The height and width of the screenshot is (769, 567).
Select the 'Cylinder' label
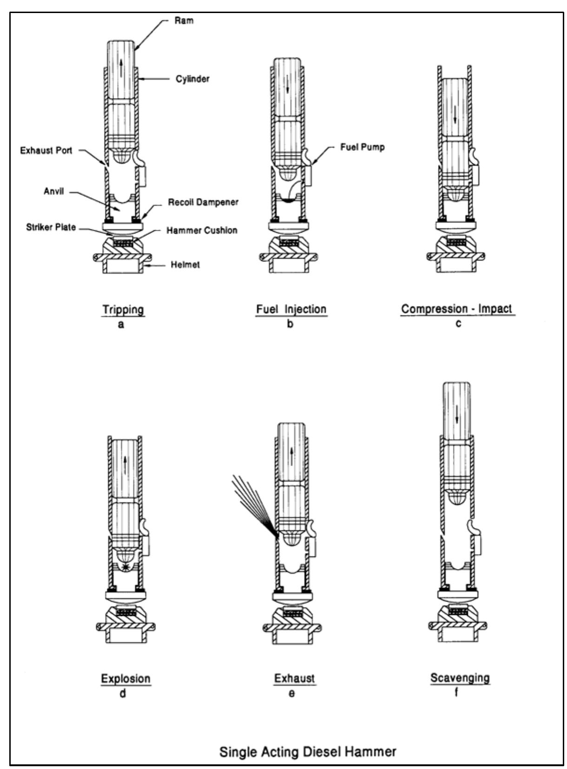click(x=192, y=79)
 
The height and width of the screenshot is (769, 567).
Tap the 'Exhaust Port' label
click(x=46, y=150)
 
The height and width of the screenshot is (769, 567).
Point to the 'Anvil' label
click(x=53, y=192)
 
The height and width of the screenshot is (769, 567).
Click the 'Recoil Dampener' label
click(x=203, y=203)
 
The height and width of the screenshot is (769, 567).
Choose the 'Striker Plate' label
click(x=51, y=228)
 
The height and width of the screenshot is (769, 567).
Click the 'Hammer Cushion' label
click(x=202, y=230)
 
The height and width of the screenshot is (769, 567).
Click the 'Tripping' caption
click(x=123, y=309)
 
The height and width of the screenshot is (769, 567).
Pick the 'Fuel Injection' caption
click(x=291, y=309)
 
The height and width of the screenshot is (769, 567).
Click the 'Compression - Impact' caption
click(x=456, y=309)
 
